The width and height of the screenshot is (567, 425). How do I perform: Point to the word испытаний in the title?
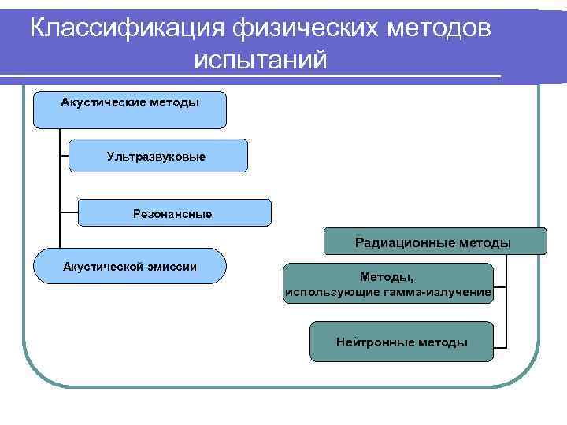[x=259, y=60]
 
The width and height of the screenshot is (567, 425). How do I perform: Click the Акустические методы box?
[x=129, y=109]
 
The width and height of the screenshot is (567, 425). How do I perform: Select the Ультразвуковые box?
[x=157, y=156]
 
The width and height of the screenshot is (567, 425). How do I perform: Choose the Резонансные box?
[x=174, y=213]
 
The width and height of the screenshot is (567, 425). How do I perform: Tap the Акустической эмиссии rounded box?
[x=129, y=265]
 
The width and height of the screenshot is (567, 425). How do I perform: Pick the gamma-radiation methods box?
[x=388, y=284]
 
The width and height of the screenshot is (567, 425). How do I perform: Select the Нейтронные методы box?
[x=401, y=342]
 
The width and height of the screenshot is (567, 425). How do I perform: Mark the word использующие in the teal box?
[x=323, y=293]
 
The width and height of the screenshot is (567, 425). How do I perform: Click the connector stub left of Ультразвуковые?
[x=65, y=155]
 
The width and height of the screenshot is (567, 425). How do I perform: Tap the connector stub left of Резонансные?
[x=69, y=212]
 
